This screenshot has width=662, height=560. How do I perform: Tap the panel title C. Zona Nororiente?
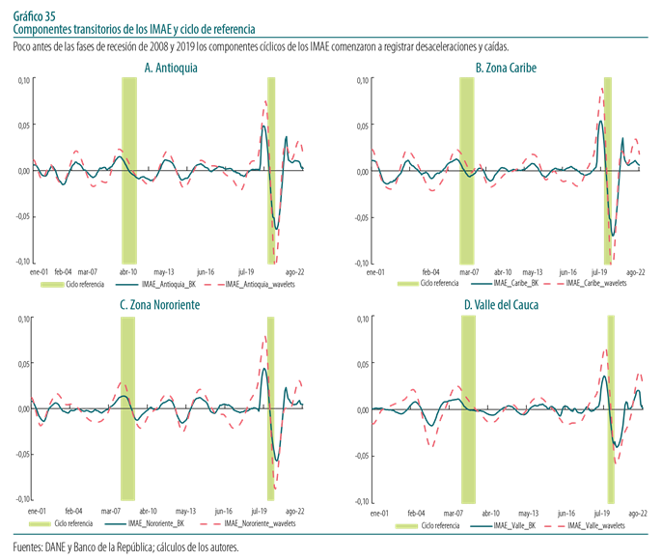pos(159,305)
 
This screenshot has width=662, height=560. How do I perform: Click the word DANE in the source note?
pos(59,546)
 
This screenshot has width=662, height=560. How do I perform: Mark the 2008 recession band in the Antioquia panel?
pos(128,169)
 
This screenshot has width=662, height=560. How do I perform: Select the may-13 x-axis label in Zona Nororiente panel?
pos(185,511)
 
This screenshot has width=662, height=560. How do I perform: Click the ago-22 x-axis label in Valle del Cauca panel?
pos(638,513)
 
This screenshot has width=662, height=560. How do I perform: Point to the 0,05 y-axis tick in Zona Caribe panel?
pos(362,126)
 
